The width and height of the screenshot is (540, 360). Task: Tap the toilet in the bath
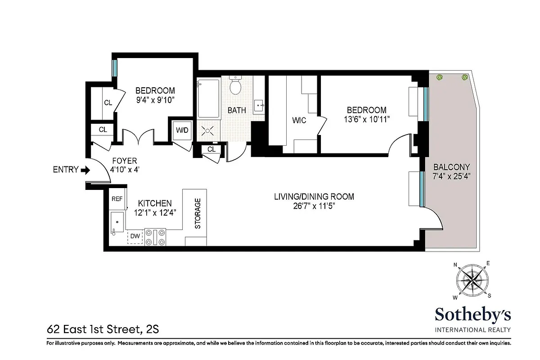tap(235, 85)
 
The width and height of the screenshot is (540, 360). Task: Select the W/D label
tap(182, 131)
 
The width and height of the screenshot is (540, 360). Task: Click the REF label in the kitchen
tap(117, 198)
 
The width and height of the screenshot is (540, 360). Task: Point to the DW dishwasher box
tap(135, 236)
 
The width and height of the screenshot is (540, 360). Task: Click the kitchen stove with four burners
tap(155, 237)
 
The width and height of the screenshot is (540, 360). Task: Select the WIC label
tap(299, 120)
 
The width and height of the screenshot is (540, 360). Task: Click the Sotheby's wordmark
tap(472, 314)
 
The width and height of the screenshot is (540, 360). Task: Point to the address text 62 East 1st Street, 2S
tap(103, 330)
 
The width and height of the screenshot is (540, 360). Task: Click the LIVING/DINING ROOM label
tap(315, 197)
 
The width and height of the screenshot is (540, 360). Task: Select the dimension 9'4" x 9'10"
tap(155, 99)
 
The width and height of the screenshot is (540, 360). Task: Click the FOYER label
tap(125, 161)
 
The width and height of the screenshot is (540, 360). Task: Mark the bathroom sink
tap(259, 106)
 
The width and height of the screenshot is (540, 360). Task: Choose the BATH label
tap(236, 110)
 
